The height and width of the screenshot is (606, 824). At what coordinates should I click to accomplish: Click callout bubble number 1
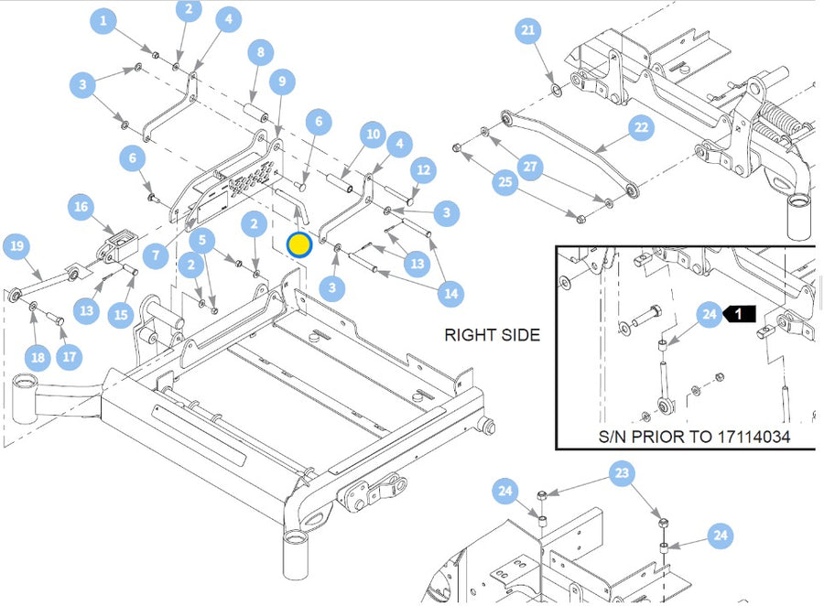pyautogui.click(x=103, y=21)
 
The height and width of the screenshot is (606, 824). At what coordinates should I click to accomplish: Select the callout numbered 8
pyautogui.click(x=260, y=53)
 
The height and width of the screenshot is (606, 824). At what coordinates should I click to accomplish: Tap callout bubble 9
pyautogui.click(x=282, y=81)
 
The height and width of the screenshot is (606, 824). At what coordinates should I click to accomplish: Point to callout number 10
pyautogui.click(x=372, y=135)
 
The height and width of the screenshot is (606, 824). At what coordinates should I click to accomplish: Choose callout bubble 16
pyautogui.click(x=81, y=208)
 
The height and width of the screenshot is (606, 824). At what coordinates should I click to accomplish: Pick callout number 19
pyautogui.click(x=16, y=245)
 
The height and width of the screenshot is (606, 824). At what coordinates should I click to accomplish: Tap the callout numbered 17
pyautogui.click(x=69, y=356)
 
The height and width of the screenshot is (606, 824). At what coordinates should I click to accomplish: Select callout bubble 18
pyautogui.click(x=37, y=357)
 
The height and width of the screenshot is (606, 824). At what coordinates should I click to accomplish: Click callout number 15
pyautogui.click(x=121, y=315)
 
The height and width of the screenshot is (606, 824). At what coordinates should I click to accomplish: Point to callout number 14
pyautogui.click(x=450, y=294)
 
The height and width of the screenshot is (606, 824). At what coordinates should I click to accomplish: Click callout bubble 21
pyautogui.click(x=527, y=31)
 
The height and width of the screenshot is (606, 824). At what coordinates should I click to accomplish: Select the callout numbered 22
pyautogui.click(x=641, y=127)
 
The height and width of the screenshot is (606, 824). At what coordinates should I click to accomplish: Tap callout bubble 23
pyautogui.click(x=623, y=474)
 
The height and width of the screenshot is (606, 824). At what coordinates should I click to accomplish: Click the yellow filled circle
pyautogui.click(x=299, y=245)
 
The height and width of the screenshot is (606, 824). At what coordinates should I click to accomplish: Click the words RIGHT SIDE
pyautogui.click(x=492, y=335)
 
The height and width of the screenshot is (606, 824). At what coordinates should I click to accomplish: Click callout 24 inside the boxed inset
pyautogui.click(x=709, y=315)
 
